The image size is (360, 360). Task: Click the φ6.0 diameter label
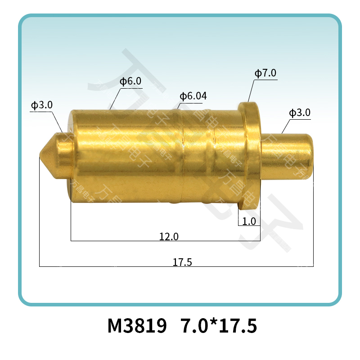click(130, 81)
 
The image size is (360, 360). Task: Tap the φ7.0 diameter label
click(265, 73)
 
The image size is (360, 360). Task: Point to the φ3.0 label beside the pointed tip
click(42, 105)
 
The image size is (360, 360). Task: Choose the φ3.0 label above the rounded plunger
click(300, 112)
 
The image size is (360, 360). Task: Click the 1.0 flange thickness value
click(249, 221)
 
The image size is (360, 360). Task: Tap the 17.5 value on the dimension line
click(182, 262)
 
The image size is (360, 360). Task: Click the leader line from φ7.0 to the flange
click(251, 91)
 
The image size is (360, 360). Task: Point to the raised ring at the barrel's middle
click(178, 155)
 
